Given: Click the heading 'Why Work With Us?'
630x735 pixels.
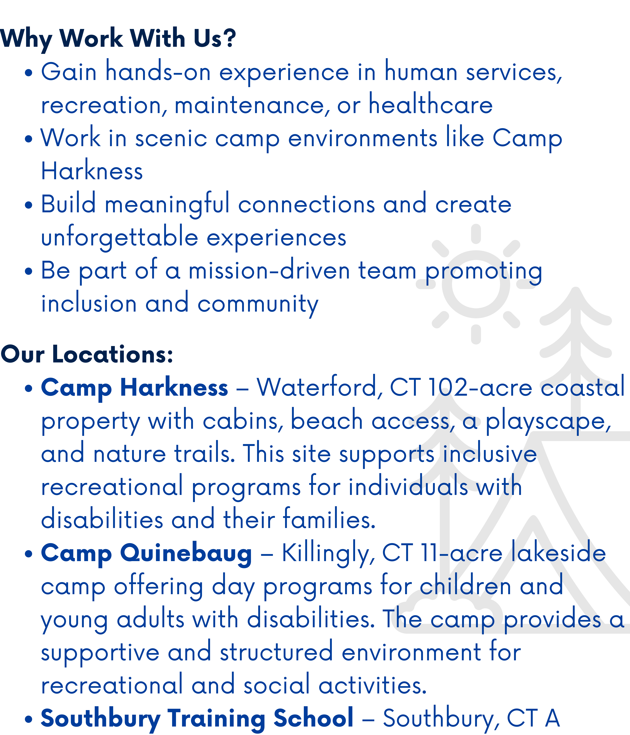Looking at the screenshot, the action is coord(118,38).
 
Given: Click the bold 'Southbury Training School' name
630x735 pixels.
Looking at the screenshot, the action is coord(197,719).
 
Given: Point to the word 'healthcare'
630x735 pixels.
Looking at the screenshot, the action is coord(431,104).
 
